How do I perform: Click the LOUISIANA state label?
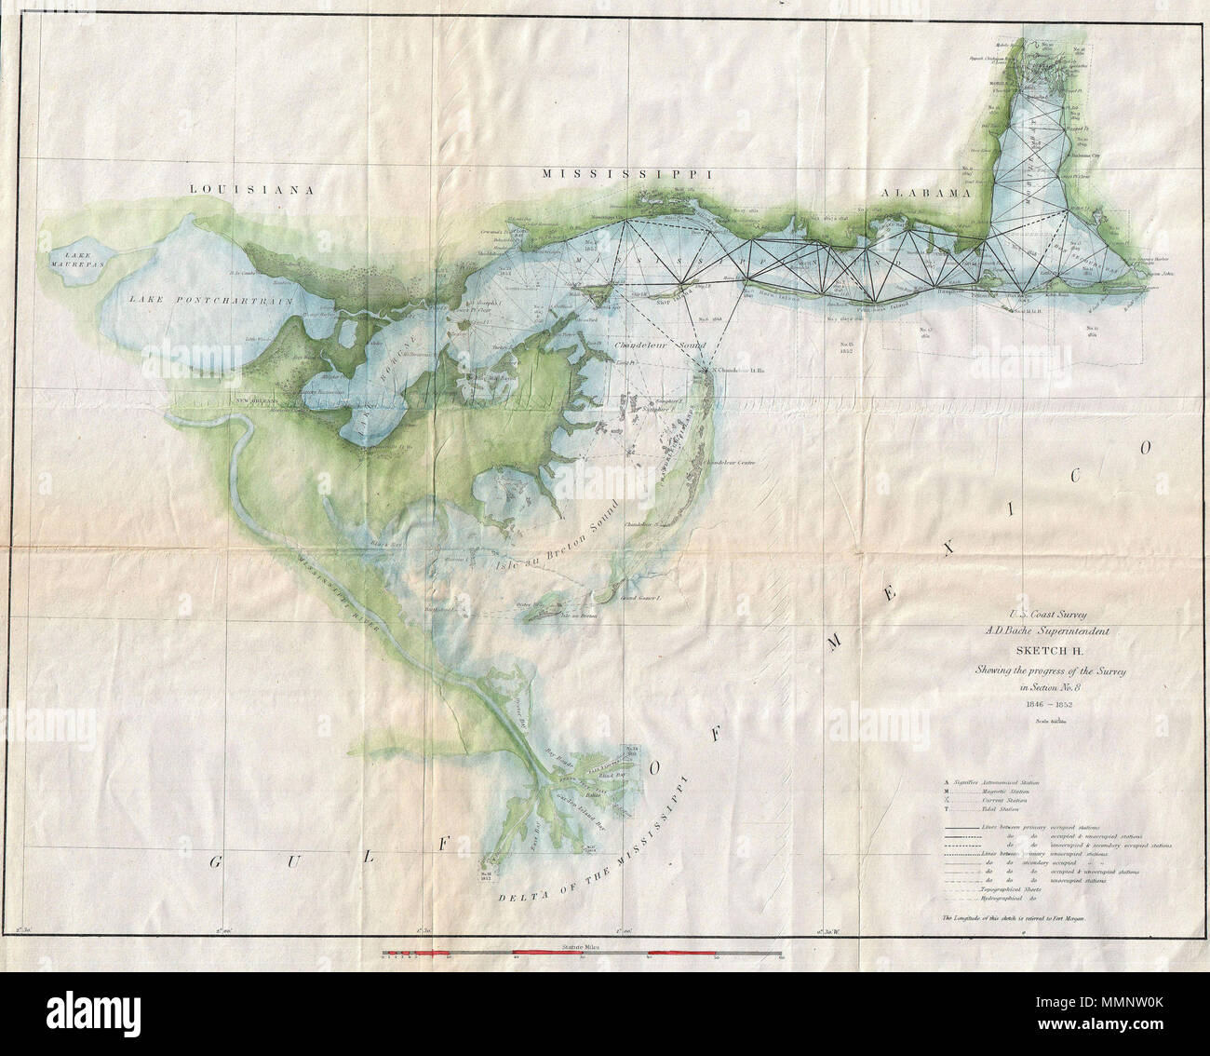(x=249, y=189)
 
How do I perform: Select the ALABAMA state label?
(x=926, y=193)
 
